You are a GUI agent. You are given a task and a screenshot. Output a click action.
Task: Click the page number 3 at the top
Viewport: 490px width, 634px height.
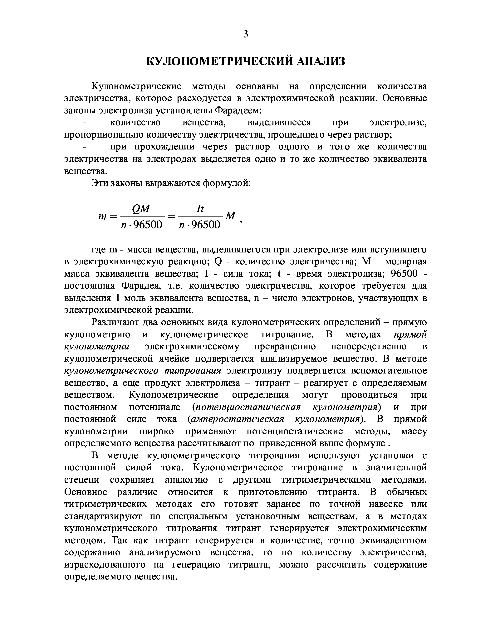click(x=245, y=34)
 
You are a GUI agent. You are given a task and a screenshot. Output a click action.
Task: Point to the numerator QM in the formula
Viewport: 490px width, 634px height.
click(x=141, y=208)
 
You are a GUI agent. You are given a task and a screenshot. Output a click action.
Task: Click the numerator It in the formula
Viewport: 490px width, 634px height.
click(x=200, y=208)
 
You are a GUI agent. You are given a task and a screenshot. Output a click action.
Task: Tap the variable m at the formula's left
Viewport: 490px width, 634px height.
click(x=103, y=217)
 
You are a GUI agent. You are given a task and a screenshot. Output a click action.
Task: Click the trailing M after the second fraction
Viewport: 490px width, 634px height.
click(x=230, y=216)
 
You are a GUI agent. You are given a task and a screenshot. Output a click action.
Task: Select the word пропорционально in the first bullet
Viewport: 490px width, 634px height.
click(x=103, y=135)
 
